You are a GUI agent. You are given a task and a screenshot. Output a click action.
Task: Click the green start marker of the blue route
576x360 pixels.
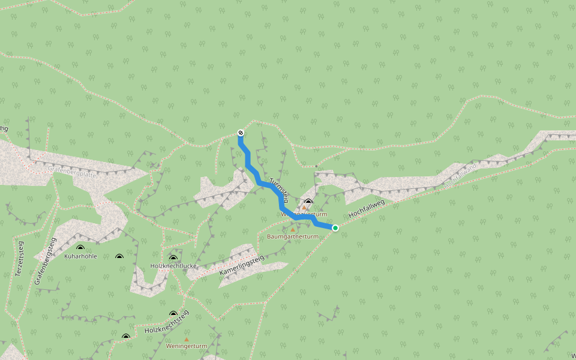click(335, 228)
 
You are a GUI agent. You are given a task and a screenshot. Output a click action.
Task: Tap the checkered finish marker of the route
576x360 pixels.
click(241, 132)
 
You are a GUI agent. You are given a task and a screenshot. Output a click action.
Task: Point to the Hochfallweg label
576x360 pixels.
click(366, 207)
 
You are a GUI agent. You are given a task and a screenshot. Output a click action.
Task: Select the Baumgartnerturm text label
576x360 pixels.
click(292, 236)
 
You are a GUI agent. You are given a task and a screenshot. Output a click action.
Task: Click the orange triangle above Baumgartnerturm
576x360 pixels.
click(293, 229)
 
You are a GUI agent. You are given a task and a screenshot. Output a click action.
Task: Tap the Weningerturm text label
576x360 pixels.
click(187, 346)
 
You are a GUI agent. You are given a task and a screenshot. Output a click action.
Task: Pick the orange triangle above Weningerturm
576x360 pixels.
click(187, 339)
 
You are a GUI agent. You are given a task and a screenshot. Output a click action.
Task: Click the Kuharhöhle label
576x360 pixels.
click(80, 256)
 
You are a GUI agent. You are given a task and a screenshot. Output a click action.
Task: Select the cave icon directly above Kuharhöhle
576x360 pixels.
click(80, 248)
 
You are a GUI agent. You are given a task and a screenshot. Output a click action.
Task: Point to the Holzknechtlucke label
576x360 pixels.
click(173, 265)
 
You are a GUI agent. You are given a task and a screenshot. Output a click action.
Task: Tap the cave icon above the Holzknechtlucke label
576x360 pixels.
click(174, 257)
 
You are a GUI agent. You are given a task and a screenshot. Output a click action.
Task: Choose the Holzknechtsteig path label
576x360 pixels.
click(167, 322)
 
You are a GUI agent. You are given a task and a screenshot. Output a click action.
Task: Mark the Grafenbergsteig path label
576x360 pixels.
click(45, 260)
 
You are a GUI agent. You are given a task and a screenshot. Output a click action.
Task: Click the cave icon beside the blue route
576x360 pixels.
click(308, 202)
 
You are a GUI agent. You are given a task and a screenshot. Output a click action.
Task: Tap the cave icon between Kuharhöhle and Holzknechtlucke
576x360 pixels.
click(119, 257)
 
